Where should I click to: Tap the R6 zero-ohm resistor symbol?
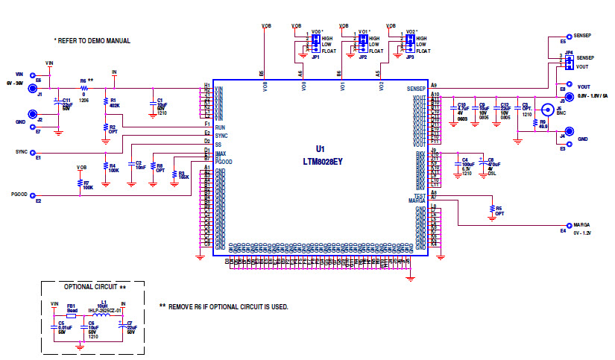click(x=83, y=88)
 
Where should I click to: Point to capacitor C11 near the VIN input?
click(x=57, y=102)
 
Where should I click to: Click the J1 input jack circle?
click(x=32, y=88)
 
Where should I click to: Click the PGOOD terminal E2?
click(x=32, y=196)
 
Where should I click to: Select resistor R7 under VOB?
click(x=80, y=182)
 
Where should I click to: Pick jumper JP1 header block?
click(x=315, y=44)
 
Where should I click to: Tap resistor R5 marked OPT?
click(x=492, y=209)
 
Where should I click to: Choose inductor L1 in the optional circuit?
click(x=104, y=315)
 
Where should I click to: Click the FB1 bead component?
click(x=72, y=315)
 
